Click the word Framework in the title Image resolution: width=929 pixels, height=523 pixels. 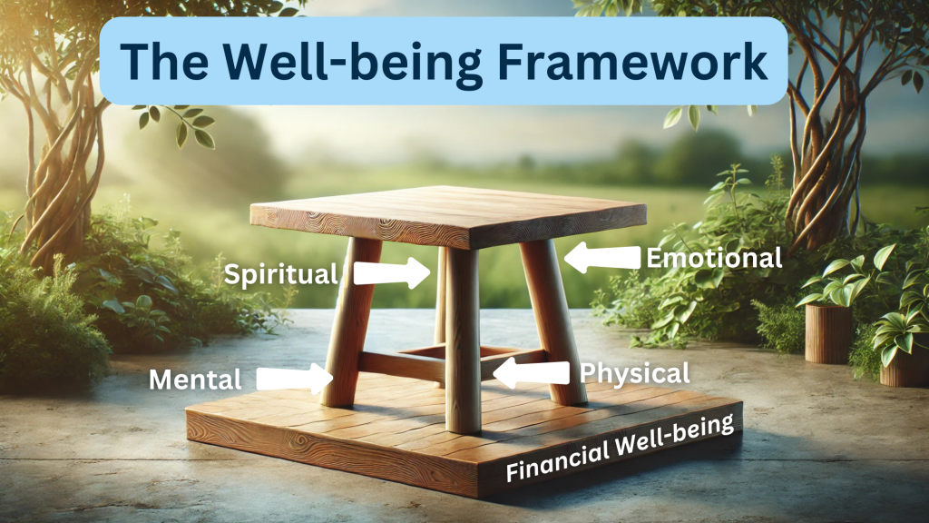[632, 62]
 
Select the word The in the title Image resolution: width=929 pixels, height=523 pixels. [164, 62]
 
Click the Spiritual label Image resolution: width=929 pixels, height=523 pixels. [281, 274]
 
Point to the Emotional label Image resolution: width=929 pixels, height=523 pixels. [714, 258]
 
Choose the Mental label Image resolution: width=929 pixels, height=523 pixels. [195, 380]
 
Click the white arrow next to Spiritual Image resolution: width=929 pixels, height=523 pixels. [392, 272]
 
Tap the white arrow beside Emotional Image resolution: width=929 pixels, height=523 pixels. [601, 257]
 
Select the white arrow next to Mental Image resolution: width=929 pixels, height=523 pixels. [294, 379]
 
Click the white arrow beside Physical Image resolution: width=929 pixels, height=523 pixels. [530, 373]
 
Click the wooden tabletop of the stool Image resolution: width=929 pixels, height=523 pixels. [448, 216]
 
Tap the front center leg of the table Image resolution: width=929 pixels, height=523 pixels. [463, 340]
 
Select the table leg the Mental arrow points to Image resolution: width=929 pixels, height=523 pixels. [350, 322]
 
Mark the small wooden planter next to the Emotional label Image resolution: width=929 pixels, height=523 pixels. [828, 333]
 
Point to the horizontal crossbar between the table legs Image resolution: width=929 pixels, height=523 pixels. [402, 366]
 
